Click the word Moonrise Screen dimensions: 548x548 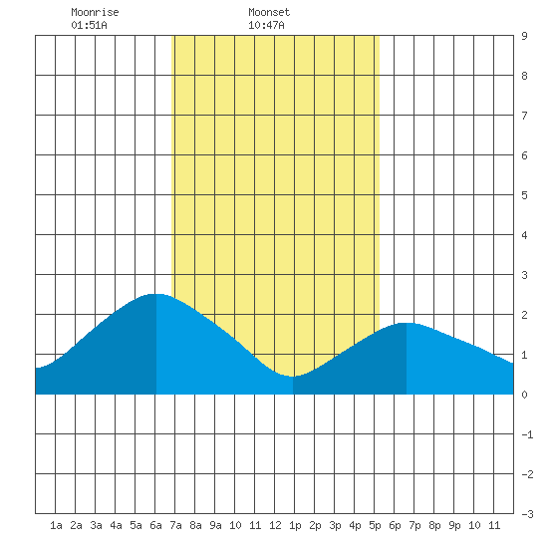[x=95, y=12]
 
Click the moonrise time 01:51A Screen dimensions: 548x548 [x=89, y=25]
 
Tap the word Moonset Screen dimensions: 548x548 [x=269, y=12]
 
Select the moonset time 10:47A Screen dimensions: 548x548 [x=266, y=25]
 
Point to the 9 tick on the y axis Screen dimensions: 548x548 [x=524, y=36]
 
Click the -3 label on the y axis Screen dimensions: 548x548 [x=527, y=514]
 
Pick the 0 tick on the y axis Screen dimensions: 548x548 [x=524, y=395]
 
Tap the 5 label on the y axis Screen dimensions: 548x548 [x=524, y=195]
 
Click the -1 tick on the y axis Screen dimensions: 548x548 [x=527, y=434]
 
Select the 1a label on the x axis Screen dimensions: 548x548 [x=56, y=525]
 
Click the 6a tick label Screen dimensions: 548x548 [x=155, y=525]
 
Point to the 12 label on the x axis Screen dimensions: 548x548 [x=275, y=525]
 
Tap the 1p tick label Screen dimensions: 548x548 [x=295, y=525]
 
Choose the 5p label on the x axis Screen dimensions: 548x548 [x=375, y=525]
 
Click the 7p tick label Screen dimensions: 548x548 [x=414, y=525]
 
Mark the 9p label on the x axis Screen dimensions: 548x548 [x=454, y=525]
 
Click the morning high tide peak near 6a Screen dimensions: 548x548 [x=155, y=294]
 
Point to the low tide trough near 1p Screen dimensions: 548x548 [x=293, y=377]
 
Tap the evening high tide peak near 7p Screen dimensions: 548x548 [x=407, y=323]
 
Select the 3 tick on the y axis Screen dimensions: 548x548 [x=524, y=275]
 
